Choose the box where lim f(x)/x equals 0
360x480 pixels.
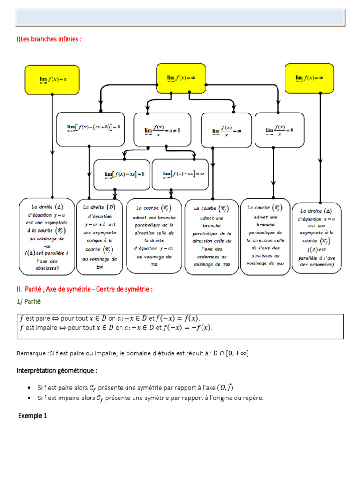click(279, 129)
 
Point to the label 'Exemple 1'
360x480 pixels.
click(33, 415)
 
